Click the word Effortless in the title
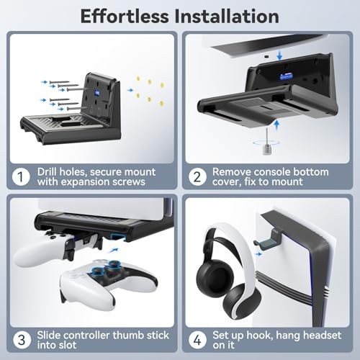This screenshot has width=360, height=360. click(x=127, y=16)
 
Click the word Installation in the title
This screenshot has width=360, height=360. click(x=229, y=16)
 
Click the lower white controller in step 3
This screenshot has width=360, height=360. click(x=108, y=283)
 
